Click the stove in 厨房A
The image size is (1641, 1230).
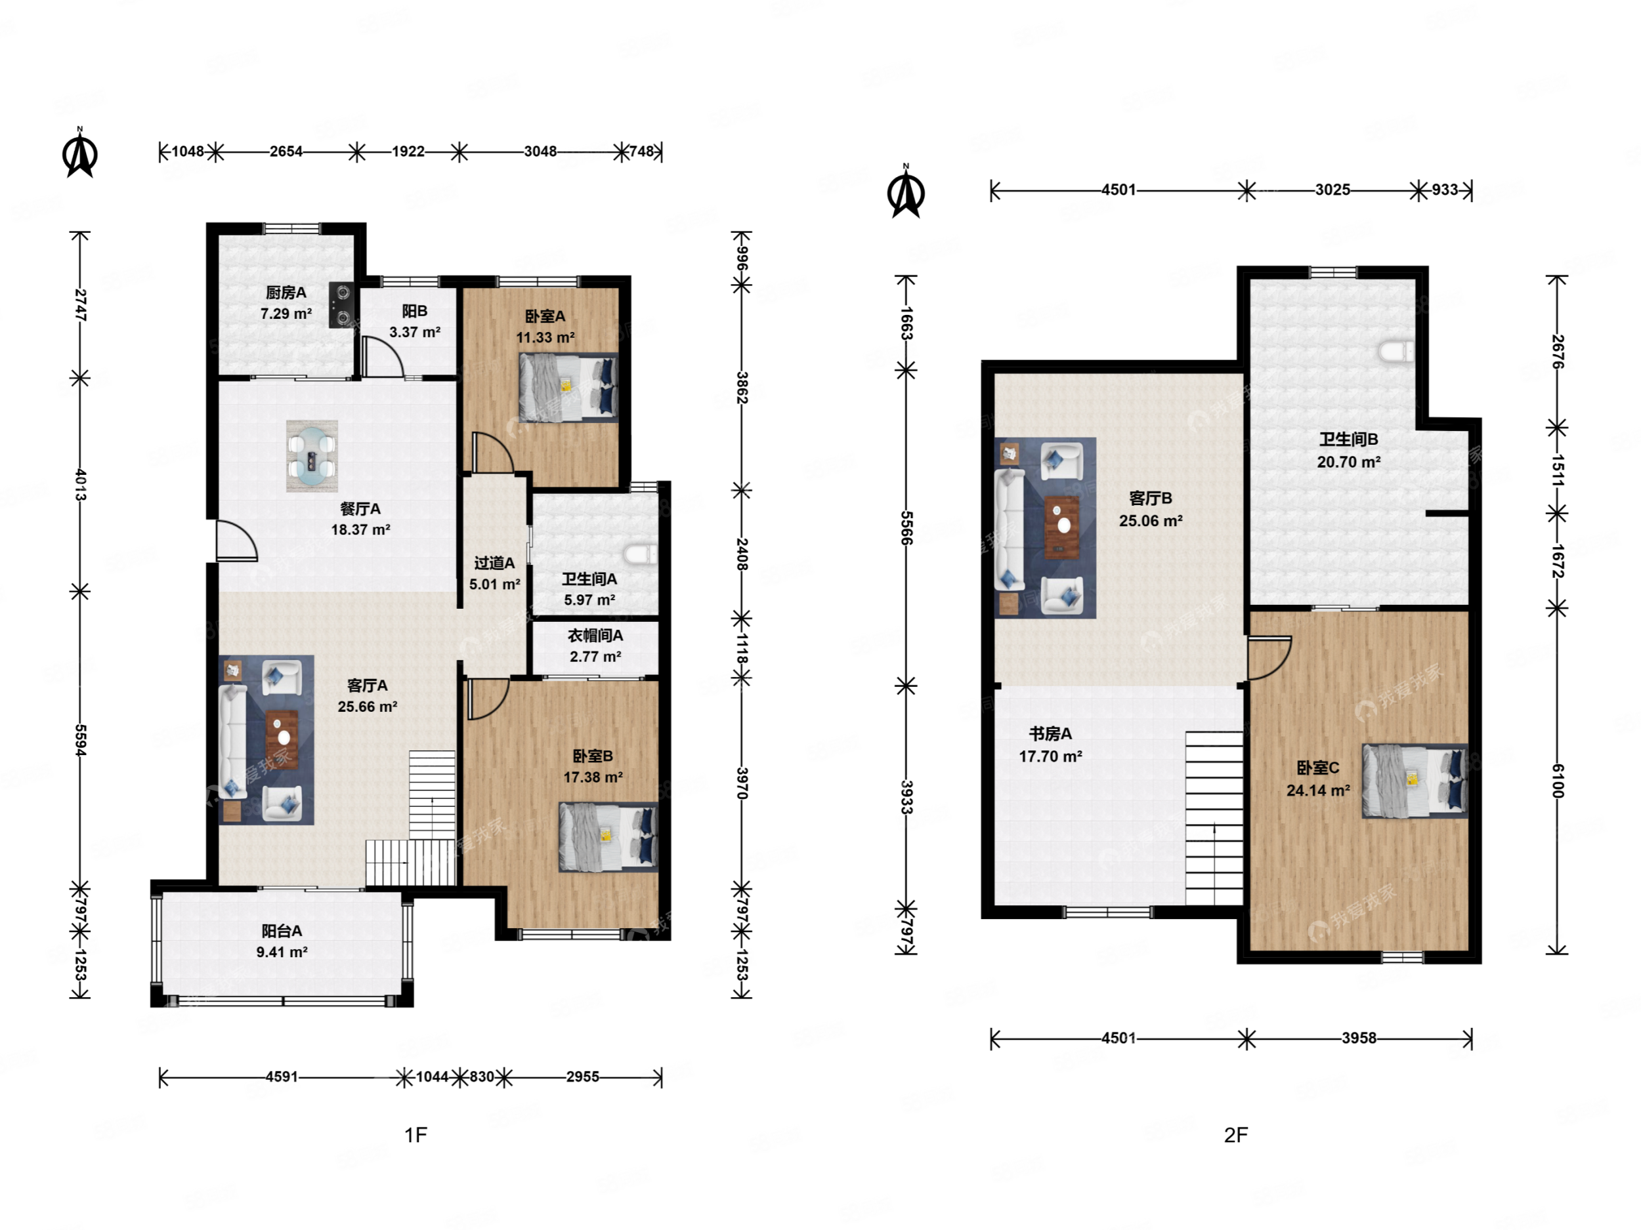point(341,305)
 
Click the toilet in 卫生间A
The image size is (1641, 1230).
point(641,553)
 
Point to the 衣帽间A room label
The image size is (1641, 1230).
point(595,636)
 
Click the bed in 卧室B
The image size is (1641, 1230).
point(608,837)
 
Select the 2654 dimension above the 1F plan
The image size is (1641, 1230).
point(286,152)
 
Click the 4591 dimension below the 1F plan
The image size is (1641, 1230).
point(282,1076)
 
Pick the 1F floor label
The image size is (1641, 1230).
point(416,1134)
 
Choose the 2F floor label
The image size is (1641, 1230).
point(1236,1134)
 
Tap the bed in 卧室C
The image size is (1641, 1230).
point(1415,781)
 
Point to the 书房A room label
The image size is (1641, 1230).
point(1050,734)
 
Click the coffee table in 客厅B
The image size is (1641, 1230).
point(1062,526)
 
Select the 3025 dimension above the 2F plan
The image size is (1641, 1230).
point(1332,190)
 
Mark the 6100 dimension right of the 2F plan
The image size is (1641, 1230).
point(1557,781)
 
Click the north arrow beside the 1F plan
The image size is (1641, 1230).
point(80,153)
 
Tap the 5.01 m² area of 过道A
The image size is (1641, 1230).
point(494,584)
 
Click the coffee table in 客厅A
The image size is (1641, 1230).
point(283,739)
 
